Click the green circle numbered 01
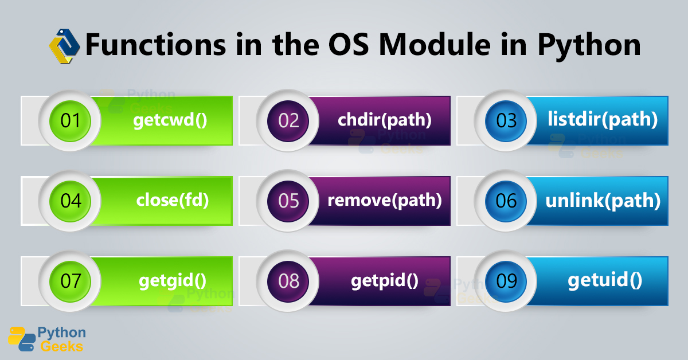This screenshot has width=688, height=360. click(x=69, y=121)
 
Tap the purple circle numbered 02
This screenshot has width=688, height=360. click(x=287, y=121)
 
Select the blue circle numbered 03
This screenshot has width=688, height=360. click(x=505, y=121)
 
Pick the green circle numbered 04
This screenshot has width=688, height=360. click(x=69, y=201)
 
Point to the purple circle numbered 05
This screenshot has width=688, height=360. click(x=287, y=201)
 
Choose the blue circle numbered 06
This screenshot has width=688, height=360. click(x=505, y=201)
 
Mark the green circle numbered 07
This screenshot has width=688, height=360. click(x=69, y=281)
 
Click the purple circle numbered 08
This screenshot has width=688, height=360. click(x=287, y=281)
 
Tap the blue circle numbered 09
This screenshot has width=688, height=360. click(x=505, y=281)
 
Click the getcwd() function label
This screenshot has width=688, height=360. click(x=170, y=121)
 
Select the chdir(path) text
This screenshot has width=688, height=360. click(x=384, y=120)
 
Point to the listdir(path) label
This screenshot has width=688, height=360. click(x=602, y=120)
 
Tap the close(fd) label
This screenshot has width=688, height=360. click(x=172, y=201)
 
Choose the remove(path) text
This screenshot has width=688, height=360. click(x=384, y=201)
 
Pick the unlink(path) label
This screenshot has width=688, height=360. click(x=602, y=201)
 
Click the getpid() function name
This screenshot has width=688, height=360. click(x=384, y=281)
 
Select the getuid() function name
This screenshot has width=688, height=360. click(x=604, y=281)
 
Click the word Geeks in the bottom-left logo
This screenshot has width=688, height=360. click(x=60, y=346)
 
